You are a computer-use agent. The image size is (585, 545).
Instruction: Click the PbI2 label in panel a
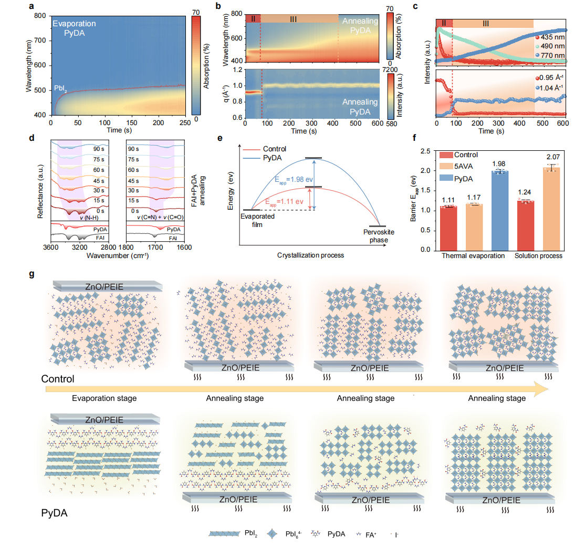[x=60, y=88]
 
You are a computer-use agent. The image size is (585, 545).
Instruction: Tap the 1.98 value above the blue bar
[x=499, y=164]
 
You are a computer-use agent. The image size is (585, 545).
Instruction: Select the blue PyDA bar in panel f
[x=500, y=211]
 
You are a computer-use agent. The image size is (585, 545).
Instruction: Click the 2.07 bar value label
[x=553, y=157]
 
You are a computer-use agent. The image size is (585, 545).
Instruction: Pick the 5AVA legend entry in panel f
[x=456, y=167]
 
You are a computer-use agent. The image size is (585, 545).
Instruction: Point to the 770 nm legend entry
[x=550, y=55]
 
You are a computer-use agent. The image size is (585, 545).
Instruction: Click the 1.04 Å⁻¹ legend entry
[x=550, y=88]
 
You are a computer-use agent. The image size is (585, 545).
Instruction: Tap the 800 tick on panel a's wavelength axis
[x=40, y=16]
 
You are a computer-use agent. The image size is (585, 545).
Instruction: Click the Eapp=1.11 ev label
[x=284, y=202]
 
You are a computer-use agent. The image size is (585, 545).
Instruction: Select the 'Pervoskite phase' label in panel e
[x=379, y=236]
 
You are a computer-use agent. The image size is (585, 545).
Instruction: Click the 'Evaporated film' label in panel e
[x=257, y=221]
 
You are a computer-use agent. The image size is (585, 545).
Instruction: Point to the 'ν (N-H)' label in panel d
[x=89, y=218]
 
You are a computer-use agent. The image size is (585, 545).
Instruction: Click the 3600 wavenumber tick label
[x=51, y=247]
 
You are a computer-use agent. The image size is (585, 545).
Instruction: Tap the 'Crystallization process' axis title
[x=310, y=255]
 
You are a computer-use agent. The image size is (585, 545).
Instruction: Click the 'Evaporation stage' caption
[x=104, y=398]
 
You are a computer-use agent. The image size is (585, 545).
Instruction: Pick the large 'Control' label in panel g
[x=58, y=379]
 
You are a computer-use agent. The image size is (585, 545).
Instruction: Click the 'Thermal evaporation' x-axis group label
[x=473, y=256]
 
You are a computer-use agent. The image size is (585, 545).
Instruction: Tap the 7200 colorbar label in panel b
[x=390, y=70]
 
